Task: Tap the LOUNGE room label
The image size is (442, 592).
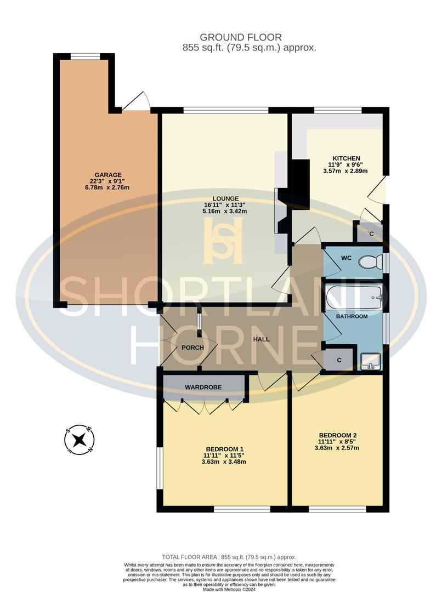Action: tap(225, 198)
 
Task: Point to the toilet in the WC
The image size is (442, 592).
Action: tap(370, 263)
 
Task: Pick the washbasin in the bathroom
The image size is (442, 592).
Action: tap(371, 362)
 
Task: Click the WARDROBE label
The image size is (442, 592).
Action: tap(203, 387)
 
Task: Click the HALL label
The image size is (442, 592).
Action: tap(261, 339)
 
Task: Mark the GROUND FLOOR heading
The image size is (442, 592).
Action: tap(241, 37)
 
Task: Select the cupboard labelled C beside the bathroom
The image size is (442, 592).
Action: tap(339, 360)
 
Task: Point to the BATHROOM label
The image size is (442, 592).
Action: tap(352, 317)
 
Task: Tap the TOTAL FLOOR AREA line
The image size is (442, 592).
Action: tap(229, 556)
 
